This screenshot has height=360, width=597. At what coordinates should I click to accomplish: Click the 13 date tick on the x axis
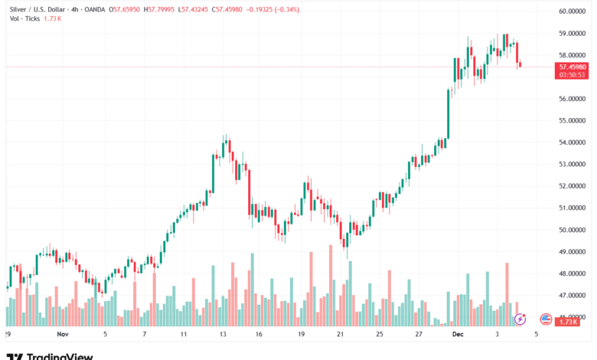tap(221, 335)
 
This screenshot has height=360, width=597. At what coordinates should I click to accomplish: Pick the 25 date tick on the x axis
tap(379, 335)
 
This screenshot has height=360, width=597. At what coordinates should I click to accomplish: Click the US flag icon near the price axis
tap(546, 319)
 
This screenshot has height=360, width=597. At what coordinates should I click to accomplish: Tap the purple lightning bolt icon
tap(520, 319)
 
